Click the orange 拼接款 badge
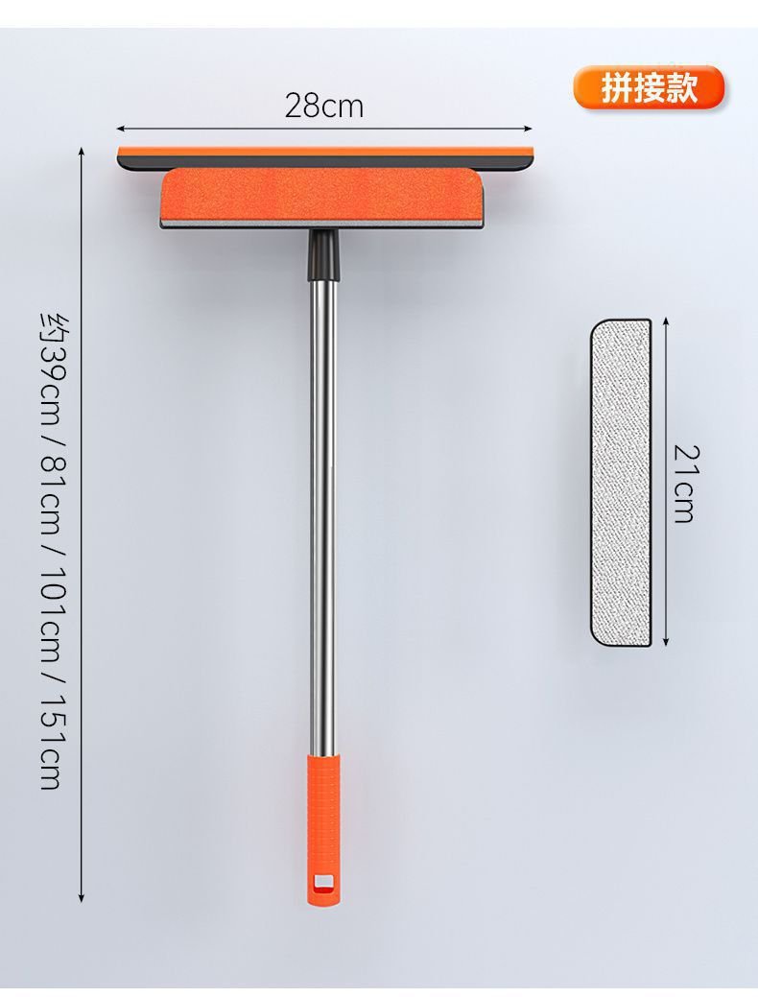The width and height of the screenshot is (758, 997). point(649,87)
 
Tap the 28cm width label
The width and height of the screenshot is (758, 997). point(324,106)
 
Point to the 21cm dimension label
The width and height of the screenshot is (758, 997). point(685,484)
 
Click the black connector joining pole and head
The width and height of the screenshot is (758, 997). point(325,255)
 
